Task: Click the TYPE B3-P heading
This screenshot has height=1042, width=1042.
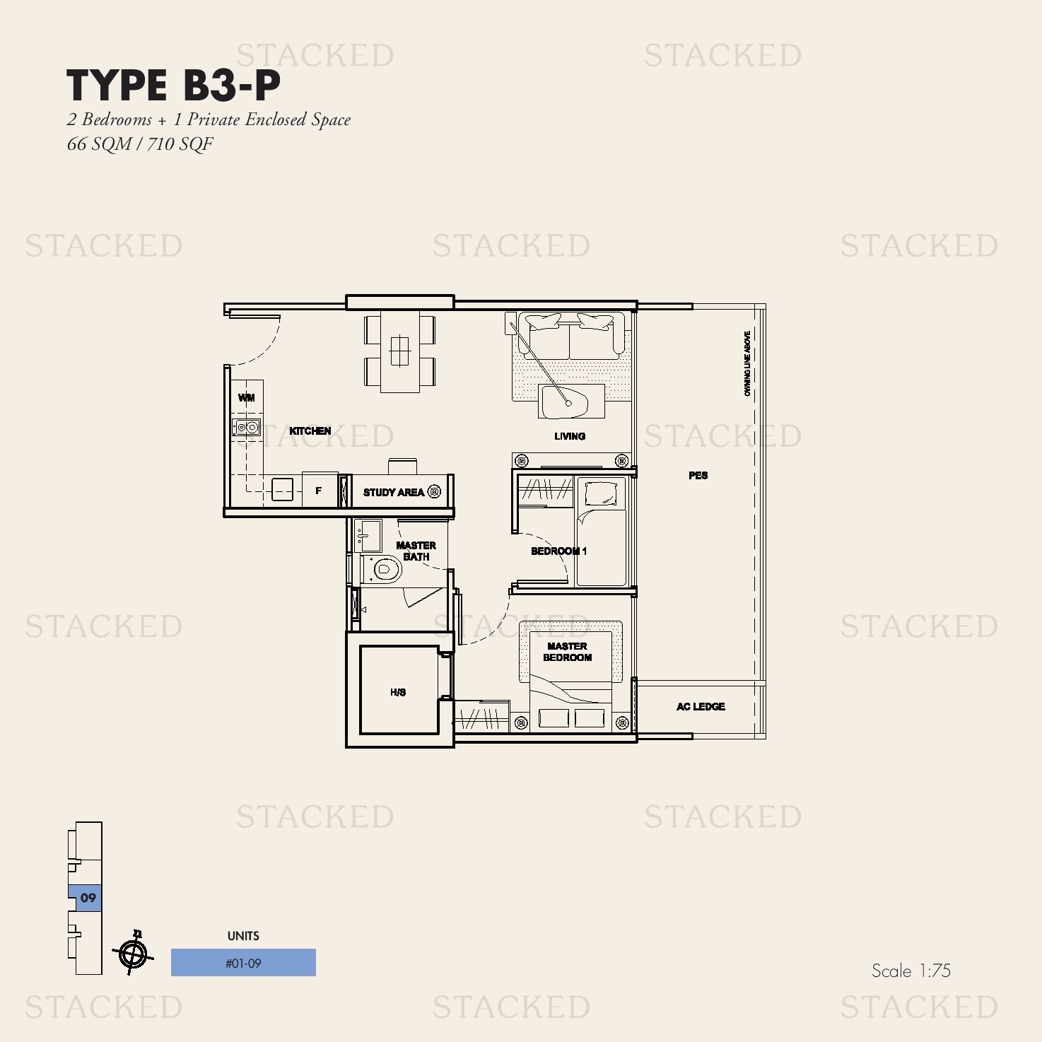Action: click(x=174, y=86)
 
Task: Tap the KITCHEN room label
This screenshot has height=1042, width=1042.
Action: click(x=310, y=431)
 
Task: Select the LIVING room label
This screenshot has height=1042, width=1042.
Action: click(x=569, y=436)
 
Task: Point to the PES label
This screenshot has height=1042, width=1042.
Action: click(x=698, y=475)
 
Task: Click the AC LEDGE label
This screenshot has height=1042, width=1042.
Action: click(x=701, y=706)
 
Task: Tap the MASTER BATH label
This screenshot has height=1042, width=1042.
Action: click(x=416, y=551)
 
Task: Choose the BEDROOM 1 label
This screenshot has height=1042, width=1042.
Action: click(x=558, y=551)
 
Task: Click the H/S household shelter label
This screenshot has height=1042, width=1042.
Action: click(x=398, y=692)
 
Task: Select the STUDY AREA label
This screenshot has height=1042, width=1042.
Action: click(x=394, y=492)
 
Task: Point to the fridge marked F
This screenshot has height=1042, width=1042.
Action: click(x=320, y=491)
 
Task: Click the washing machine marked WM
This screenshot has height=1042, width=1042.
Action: click(x=247, y=398)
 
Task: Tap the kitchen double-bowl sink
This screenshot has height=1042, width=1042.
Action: click(x=247, y=427)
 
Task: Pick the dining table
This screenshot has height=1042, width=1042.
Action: click(x=399, y=351)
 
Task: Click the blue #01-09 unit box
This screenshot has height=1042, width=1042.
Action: click(x=243, y=963)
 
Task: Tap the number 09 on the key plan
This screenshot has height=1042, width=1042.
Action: click(x=88, y=898)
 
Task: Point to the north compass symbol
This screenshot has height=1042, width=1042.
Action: click(x=132, y=954)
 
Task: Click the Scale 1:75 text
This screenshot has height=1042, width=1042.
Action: click(x=911, y=971)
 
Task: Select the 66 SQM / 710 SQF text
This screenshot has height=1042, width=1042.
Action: click(x=140, y=144)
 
